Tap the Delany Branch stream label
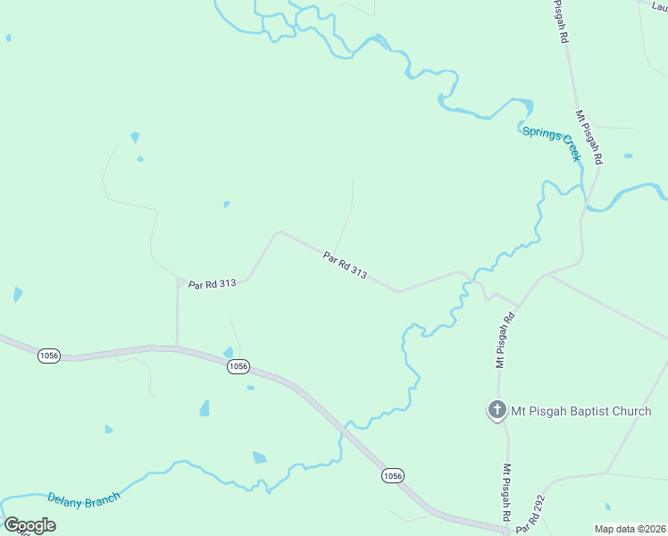[x=83, y=501]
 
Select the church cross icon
[x=497, y=410]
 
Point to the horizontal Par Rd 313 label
[x=212, y=283]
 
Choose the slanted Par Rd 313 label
[x=345, y=264]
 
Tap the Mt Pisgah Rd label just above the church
[x=506, y=341]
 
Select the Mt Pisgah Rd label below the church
[x=505, y=492]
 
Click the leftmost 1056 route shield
[x=49, y=356]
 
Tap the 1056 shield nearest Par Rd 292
[x=392, y=475]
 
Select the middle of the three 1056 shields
[x=237, y=367]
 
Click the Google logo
[x=29, y=525]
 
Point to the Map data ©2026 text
[x=630, y=529]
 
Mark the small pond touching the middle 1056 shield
[x=229, y=353]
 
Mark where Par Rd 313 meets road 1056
[x=177, y=347]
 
